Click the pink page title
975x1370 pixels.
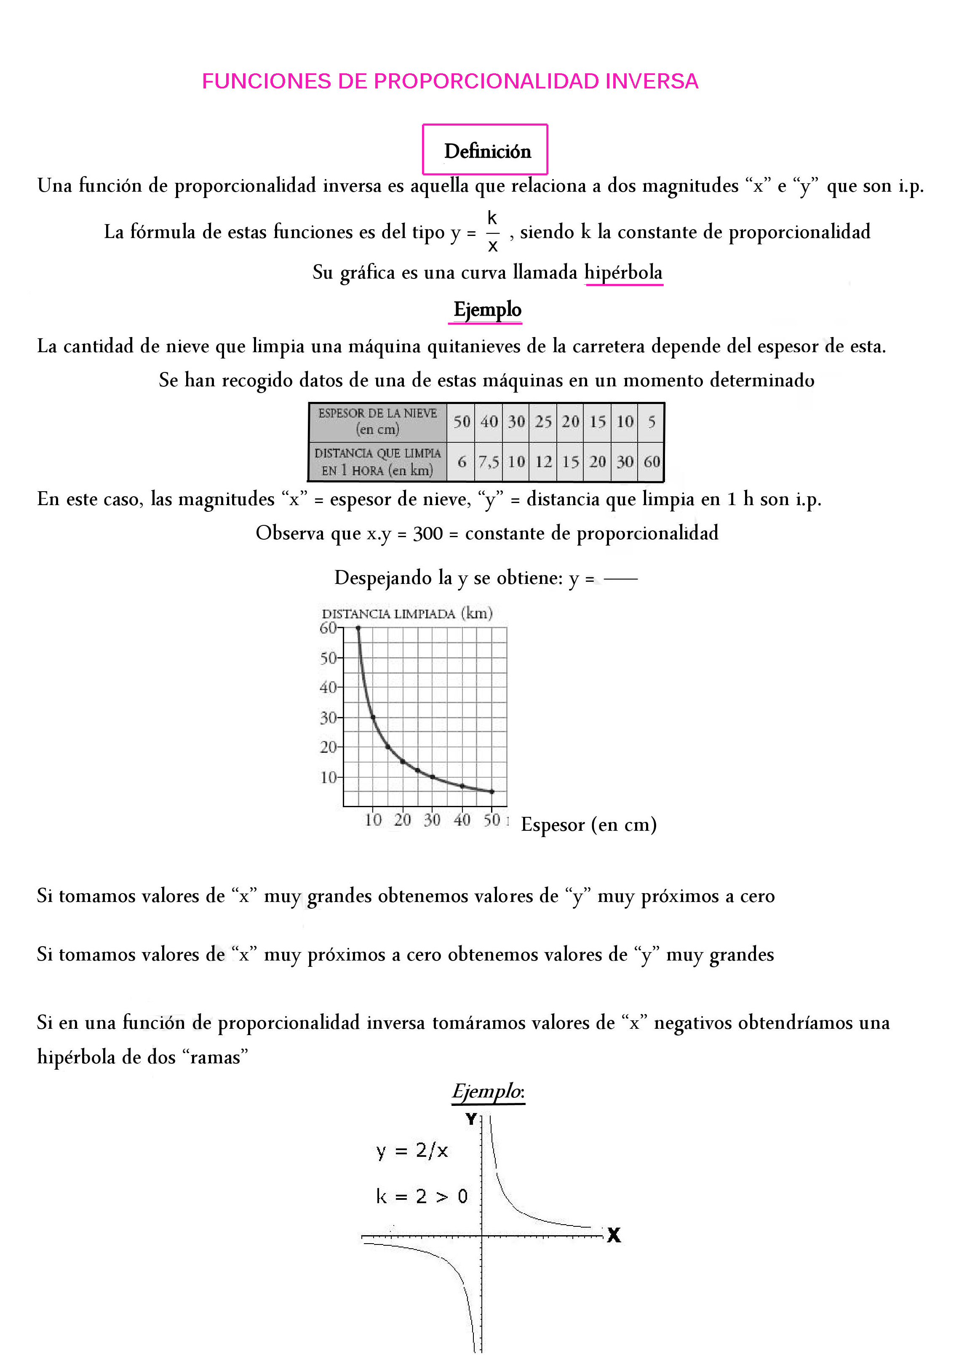[450, 81]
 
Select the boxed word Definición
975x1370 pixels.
[487, 151]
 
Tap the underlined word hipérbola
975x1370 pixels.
[623, 273]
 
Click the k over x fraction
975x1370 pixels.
[492, 232]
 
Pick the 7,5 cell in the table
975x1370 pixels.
[488, 462]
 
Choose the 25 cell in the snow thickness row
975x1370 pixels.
[543, 421]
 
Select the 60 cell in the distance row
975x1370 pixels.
[652, 462]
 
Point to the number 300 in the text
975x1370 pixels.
[427, 533]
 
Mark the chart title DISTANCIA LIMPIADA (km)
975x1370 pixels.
[407, 613]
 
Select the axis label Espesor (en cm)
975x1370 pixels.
[588, 825]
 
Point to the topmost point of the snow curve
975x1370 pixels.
[358, 629]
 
